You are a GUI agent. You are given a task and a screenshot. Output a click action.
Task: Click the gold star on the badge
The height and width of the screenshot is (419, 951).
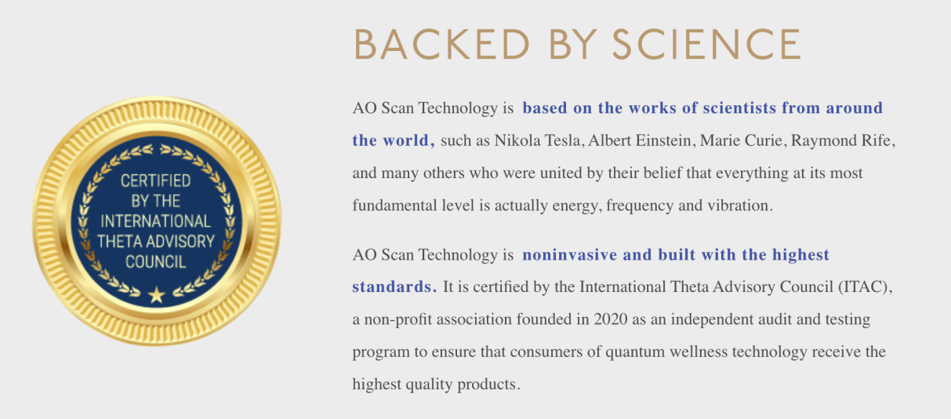(157, 295)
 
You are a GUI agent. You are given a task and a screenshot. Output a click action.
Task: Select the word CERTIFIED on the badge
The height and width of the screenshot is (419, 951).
(156, 181)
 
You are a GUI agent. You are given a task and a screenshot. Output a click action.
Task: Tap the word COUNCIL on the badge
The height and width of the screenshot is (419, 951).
(156, 261)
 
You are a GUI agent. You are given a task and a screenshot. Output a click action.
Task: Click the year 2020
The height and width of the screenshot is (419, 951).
(611, 320)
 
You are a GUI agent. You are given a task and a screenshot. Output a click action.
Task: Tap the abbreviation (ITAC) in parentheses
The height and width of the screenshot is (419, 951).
(866, 287)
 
